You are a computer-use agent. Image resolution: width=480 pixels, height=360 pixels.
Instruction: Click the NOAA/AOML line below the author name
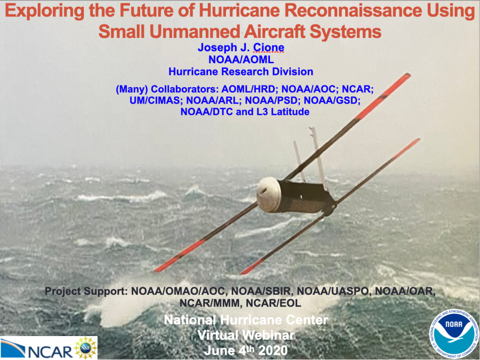tap(241, 60)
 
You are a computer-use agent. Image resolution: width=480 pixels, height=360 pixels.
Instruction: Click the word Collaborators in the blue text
tap(186, 90)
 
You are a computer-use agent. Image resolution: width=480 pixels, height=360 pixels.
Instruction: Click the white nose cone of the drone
tap(268, 195)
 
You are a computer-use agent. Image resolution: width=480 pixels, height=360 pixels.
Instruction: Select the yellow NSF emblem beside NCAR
tap(85, 348)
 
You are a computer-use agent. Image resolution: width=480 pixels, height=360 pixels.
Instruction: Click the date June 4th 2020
tap(246, 350)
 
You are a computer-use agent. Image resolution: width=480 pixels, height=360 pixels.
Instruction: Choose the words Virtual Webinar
tap(246, 335)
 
